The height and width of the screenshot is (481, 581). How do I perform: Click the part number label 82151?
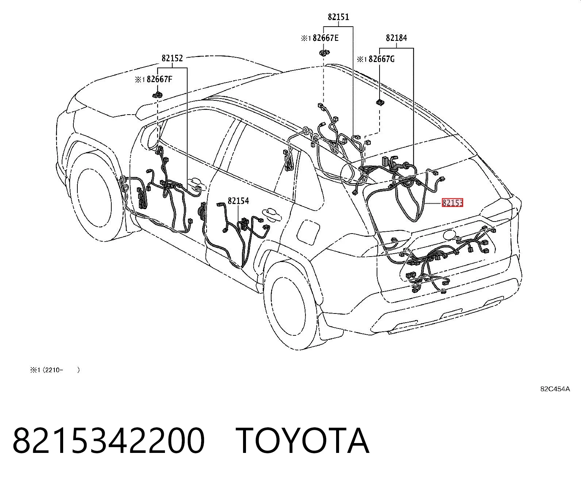coord(338,17)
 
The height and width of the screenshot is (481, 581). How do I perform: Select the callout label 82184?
coord(396,38)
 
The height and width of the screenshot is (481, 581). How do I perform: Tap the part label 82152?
coord(172,58)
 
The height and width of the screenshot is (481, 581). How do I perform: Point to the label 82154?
coord(238,201)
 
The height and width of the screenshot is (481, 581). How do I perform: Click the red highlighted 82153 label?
coord(453,203)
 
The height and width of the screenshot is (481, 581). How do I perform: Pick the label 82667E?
coord(326,38)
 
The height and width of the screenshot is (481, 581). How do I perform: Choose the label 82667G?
coord(381,59)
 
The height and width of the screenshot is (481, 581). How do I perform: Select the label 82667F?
coord(159,79)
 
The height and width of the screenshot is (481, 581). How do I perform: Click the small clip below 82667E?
coord(324,52)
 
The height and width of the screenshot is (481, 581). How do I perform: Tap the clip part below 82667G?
coord(380,103)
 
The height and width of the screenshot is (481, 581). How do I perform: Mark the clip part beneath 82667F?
coord(157,95)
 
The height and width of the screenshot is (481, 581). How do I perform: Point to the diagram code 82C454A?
coord(555,389)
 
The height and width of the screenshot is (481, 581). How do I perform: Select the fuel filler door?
coord(308,231)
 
